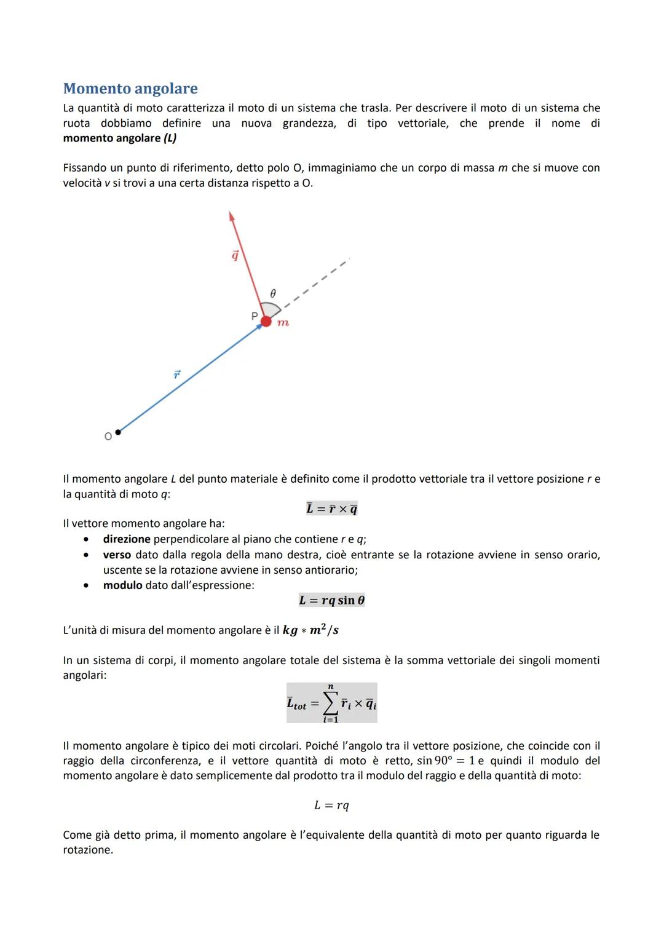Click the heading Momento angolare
point(130,89)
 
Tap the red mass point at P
point(266,321)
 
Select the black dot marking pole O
point(118,432)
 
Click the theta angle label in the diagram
point(274,293)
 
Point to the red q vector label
point(235,255)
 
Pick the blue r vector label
point(177,374)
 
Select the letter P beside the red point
point(255,316)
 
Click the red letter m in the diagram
point(283,323)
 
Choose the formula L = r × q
point(331,509)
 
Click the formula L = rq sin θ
point(331,600)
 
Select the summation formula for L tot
point(331,703)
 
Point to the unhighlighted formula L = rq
point(331,806)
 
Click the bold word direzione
point(127,539)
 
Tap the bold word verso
point(117,555)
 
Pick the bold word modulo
point(122,585)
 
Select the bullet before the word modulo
point(87,585)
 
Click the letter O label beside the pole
point(108,437)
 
